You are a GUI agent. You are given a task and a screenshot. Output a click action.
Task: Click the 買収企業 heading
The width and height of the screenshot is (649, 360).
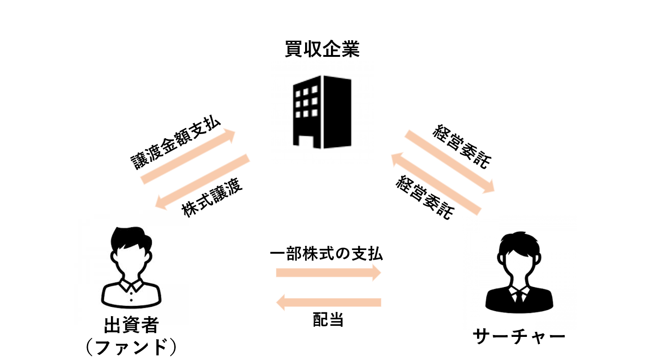[322, 49]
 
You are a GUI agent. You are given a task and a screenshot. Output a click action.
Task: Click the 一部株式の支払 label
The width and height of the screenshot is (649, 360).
[326, 254]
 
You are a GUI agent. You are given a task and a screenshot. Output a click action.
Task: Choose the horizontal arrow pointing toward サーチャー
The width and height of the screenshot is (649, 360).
[328, 273]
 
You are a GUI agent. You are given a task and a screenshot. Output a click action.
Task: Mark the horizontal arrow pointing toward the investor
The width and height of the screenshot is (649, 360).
[328, 303]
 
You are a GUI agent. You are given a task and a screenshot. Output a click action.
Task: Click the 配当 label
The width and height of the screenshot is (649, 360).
[328, 320]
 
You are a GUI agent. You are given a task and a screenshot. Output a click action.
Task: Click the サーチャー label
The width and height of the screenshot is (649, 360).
[519, 336]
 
